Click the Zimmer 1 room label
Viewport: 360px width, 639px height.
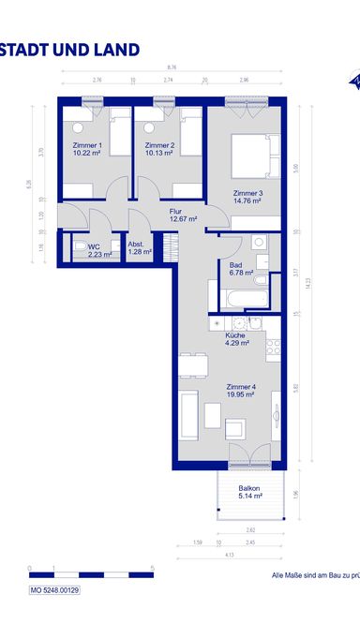point(87,146)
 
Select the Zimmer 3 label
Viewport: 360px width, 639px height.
point(247,193)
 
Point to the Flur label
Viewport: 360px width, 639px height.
point(175,212)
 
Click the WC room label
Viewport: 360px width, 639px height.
point(93,245)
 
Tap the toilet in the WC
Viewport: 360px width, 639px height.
point(72,250)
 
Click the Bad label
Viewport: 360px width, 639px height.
point(236,265)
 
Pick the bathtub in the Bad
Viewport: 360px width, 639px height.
point(242,299)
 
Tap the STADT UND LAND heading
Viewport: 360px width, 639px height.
point(70,50)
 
